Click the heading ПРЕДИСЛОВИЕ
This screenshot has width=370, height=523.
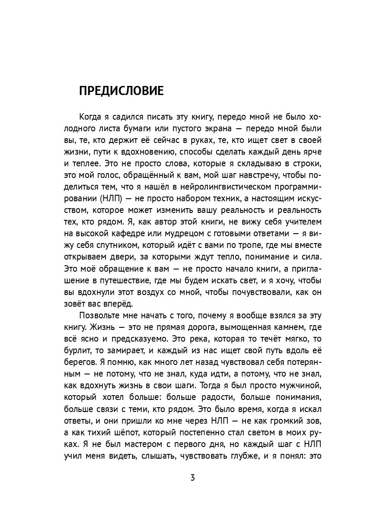(x=121, y=91)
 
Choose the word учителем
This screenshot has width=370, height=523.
(x=300, y=223)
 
